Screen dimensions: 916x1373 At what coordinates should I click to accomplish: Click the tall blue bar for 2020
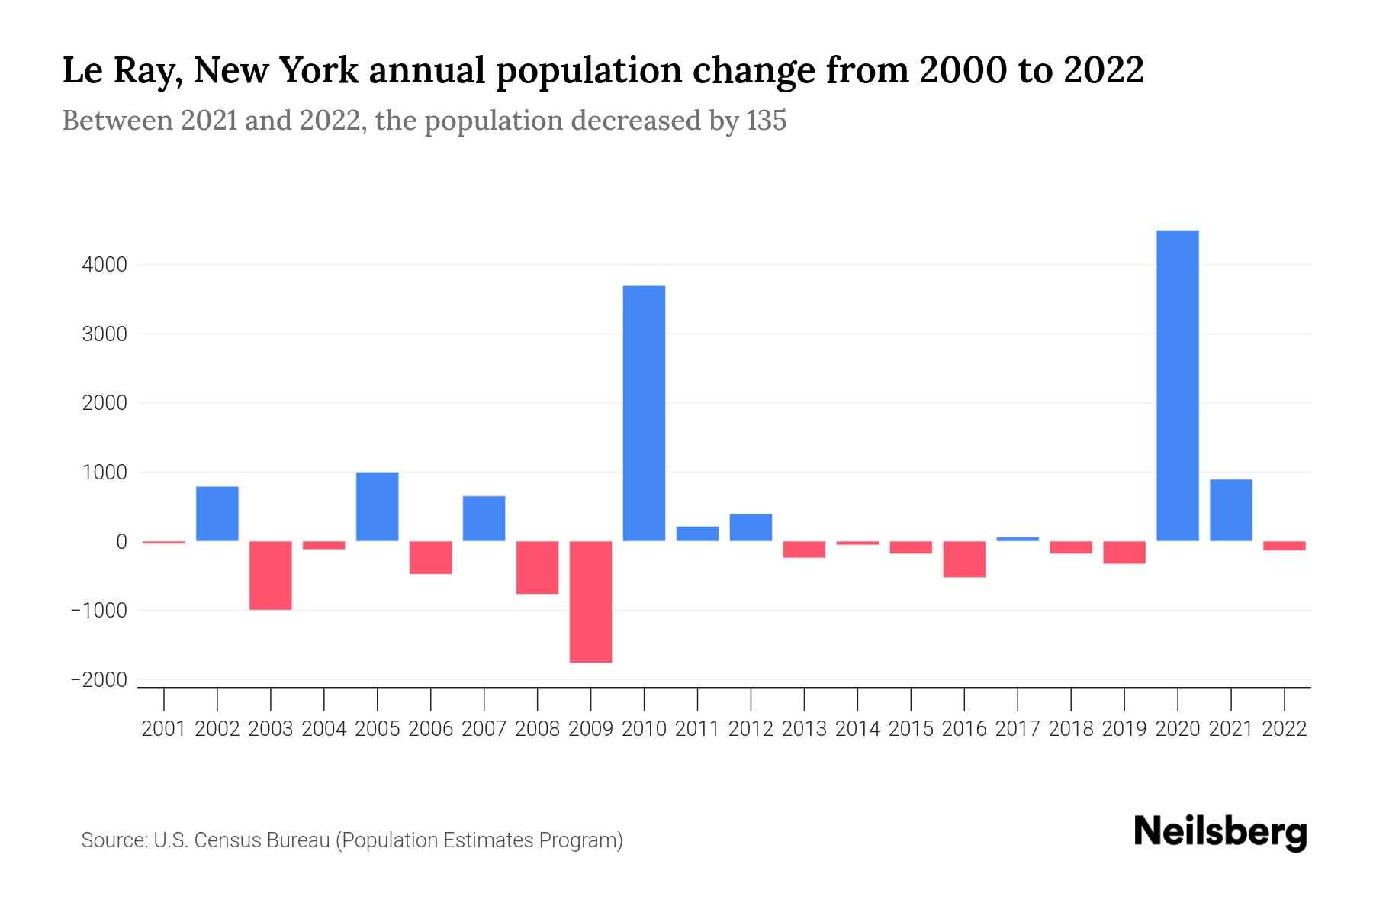(x=1177, y=385)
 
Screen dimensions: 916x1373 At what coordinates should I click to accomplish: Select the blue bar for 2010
(x=644, y=413)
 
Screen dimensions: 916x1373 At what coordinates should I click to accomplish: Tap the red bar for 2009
(x=590, y=602)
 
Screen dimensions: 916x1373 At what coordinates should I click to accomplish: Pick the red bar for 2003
(x=271, y=575)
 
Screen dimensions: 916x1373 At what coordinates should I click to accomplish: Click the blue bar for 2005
(x=377, y=506)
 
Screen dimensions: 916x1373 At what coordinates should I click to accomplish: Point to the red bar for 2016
(x=964, y=559)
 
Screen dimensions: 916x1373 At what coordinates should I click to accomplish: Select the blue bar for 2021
(x=1230, y=510)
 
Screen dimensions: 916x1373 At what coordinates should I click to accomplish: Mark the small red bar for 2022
(x=1284, y=546)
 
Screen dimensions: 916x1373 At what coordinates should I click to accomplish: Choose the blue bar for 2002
(x=217, y=513)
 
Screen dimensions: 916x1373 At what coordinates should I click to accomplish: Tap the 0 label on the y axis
(x=121, y=542)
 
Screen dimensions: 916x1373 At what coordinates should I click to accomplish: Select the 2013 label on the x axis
(x=804, y=729)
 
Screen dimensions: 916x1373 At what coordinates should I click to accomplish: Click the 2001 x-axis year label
(x=164, y=729)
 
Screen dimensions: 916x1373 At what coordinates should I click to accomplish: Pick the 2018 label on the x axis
(x=1070, y=729)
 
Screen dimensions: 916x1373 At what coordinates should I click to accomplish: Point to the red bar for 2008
(x=537, y=567)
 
